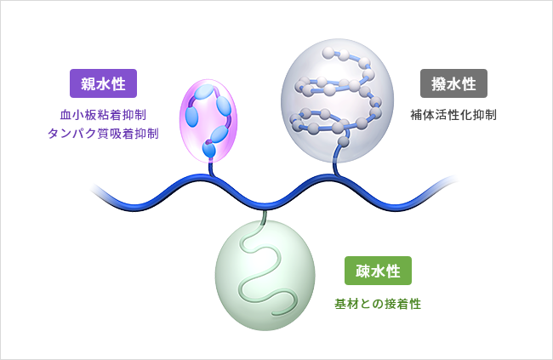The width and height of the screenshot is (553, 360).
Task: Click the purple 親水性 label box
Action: (103, 85)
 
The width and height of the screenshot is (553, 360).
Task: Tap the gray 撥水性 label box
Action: (453, 85)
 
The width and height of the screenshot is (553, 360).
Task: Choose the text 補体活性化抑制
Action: (453, 113)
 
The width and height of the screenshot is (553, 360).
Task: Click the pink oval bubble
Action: (208, 118)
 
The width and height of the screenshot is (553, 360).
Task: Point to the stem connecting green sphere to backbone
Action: (265, 218)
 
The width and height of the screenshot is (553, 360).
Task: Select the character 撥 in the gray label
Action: (438, 85)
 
